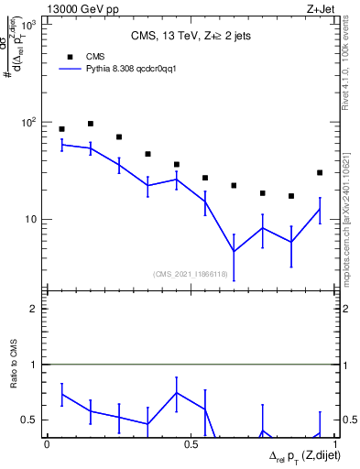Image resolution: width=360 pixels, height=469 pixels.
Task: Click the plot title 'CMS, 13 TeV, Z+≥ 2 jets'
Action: coord(191,36)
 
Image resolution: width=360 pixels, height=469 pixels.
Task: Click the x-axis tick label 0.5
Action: coord(191,443)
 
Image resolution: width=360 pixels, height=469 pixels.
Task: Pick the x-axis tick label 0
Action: coord(47,443)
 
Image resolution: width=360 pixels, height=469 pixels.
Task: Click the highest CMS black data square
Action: coord(90,124)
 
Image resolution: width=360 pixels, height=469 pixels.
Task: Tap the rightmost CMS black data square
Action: coord(320,172)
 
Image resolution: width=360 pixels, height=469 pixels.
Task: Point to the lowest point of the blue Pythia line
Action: coord(234,251)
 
